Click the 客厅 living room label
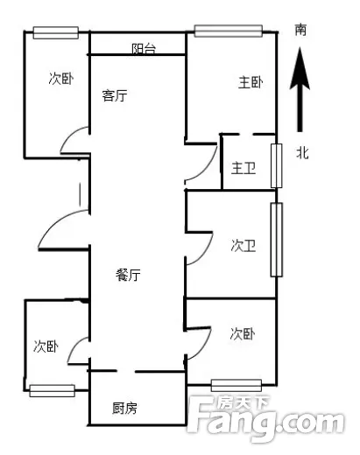click(115, 95)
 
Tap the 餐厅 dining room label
click(128, 275)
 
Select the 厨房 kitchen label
click(124, 408)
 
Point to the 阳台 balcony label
click(144, 49)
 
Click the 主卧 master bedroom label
click(251, 82)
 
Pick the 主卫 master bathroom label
click(244, 168)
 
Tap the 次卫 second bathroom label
click(244, 246)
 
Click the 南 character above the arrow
click(300, 30)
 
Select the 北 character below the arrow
click(302, 152)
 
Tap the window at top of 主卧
click(229, 31)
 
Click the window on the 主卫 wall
click(276, 165)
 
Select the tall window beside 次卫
click(276, 240)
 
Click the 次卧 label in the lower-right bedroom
click(243, 334)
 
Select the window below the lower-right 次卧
click(236, 386)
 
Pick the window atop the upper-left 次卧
click(55, 32)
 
